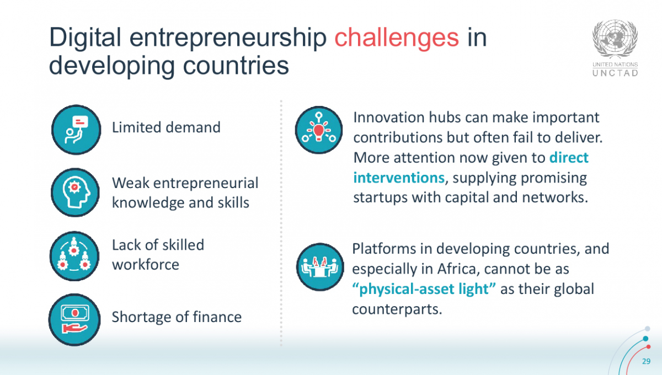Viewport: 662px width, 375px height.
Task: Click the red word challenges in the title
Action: (397, 38)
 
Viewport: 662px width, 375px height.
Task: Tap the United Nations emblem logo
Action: (615, 39)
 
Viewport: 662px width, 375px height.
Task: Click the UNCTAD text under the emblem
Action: (615, 73)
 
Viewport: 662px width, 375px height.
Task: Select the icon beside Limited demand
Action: (76, 130)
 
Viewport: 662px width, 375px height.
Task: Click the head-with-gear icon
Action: (76, 192)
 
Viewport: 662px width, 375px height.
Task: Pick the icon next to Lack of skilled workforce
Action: (74, 256)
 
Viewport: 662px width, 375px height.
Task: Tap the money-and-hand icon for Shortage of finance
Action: (74, 319)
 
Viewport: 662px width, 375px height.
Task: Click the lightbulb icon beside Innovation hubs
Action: (319, 130)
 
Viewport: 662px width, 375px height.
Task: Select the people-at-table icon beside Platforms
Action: (320, 267)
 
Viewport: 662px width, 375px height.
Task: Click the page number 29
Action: (647, 361)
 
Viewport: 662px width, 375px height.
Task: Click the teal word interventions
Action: (399, 178)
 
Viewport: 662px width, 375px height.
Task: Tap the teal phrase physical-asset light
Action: (424, 289)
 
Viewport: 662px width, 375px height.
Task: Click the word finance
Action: (217, 317)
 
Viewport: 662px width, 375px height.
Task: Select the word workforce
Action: (146, 264)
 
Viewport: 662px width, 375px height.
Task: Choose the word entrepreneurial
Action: (206, 183)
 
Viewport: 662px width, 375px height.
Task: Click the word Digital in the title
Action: (85, 38)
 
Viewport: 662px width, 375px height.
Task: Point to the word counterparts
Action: (397, 309)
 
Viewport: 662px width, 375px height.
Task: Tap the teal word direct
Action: (569, 158)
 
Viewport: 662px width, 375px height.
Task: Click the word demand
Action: (193, 127)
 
